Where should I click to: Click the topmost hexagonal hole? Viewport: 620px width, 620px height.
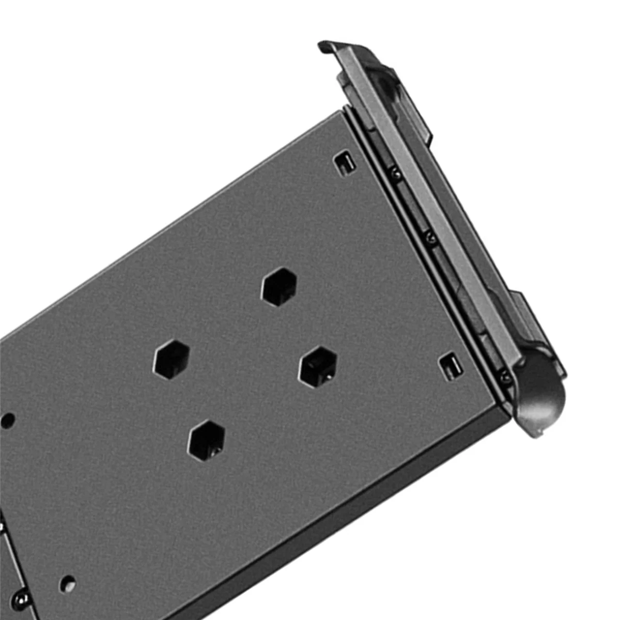coord(280,287)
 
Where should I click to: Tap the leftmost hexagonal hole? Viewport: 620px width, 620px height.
coord(171,359)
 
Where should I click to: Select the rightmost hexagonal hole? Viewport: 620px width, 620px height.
coord(319,366)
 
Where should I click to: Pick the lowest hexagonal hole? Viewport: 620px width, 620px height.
coord(207,439)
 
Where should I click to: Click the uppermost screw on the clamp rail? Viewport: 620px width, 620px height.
coord(395,175)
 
